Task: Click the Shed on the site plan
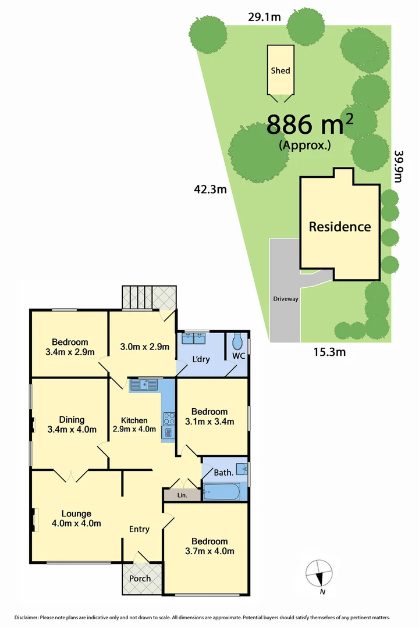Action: [x=280, y=70]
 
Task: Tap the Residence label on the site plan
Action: [x=340, y=227]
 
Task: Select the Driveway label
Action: [x=286, y=299]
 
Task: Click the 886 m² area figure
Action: [x=310, y=124]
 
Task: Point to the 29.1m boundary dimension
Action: [x=264, y=17]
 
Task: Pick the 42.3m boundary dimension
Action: [x=211, y=188]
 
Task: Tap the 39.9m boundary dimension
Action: [x=399, y=167]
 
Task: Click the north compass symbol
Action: [x=319, y=573]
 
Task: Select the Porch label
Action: [x=140, y=578]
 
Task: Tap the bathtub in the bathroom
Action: [x=221, y=493]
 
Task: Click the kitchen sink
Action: [x=144, y=384]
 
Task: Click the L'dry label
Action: [x=201, y=359]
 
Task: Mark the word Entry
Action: [x=139, y=529]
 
